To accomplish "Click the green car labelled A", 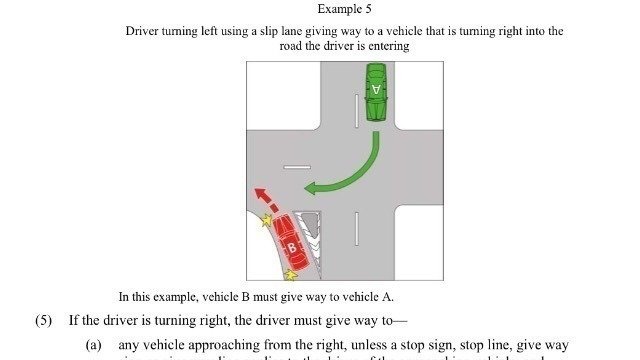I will pyautogui.click(x=376, y=91).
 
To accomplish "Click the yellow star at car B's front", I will pyautogui.click(x=267, y=220).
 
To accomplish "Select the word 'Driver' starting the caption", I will pyautogui.click(x=143, y=31).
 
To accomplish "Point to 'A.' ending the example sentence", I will pyautogui.click(x=388, y=297).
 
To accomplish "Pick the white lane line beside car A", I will pyautogui.click(x=355, y=109).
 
